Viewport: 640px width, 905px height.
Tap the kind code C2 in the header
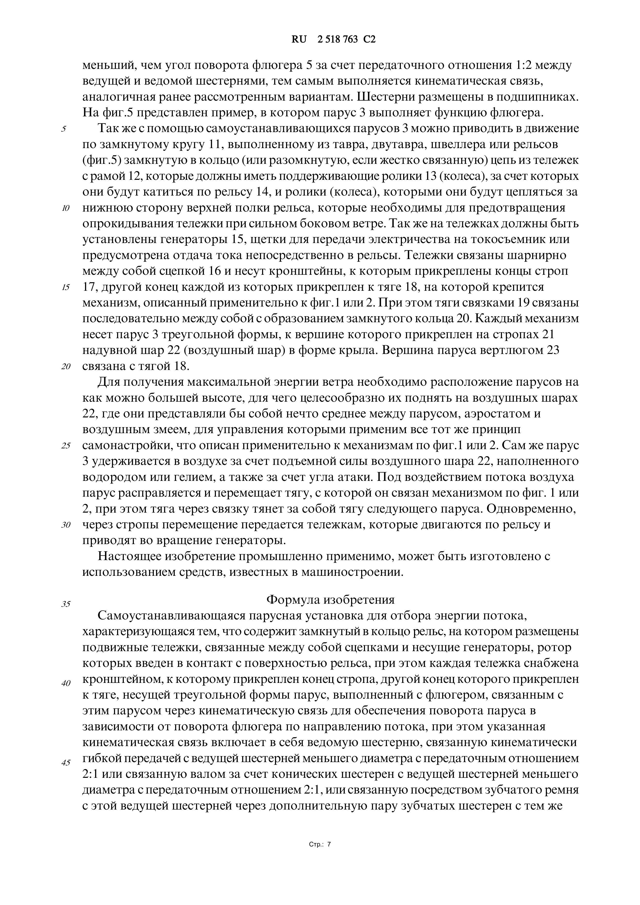click(x=369, y=39)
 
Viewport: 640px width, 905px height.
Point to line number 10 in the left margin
click(x=66, y=208)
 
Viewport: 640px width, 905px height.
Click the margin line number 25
click(x=66, y=446)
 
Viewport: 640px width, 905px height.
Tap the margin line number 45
click(x=66, y=763)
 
